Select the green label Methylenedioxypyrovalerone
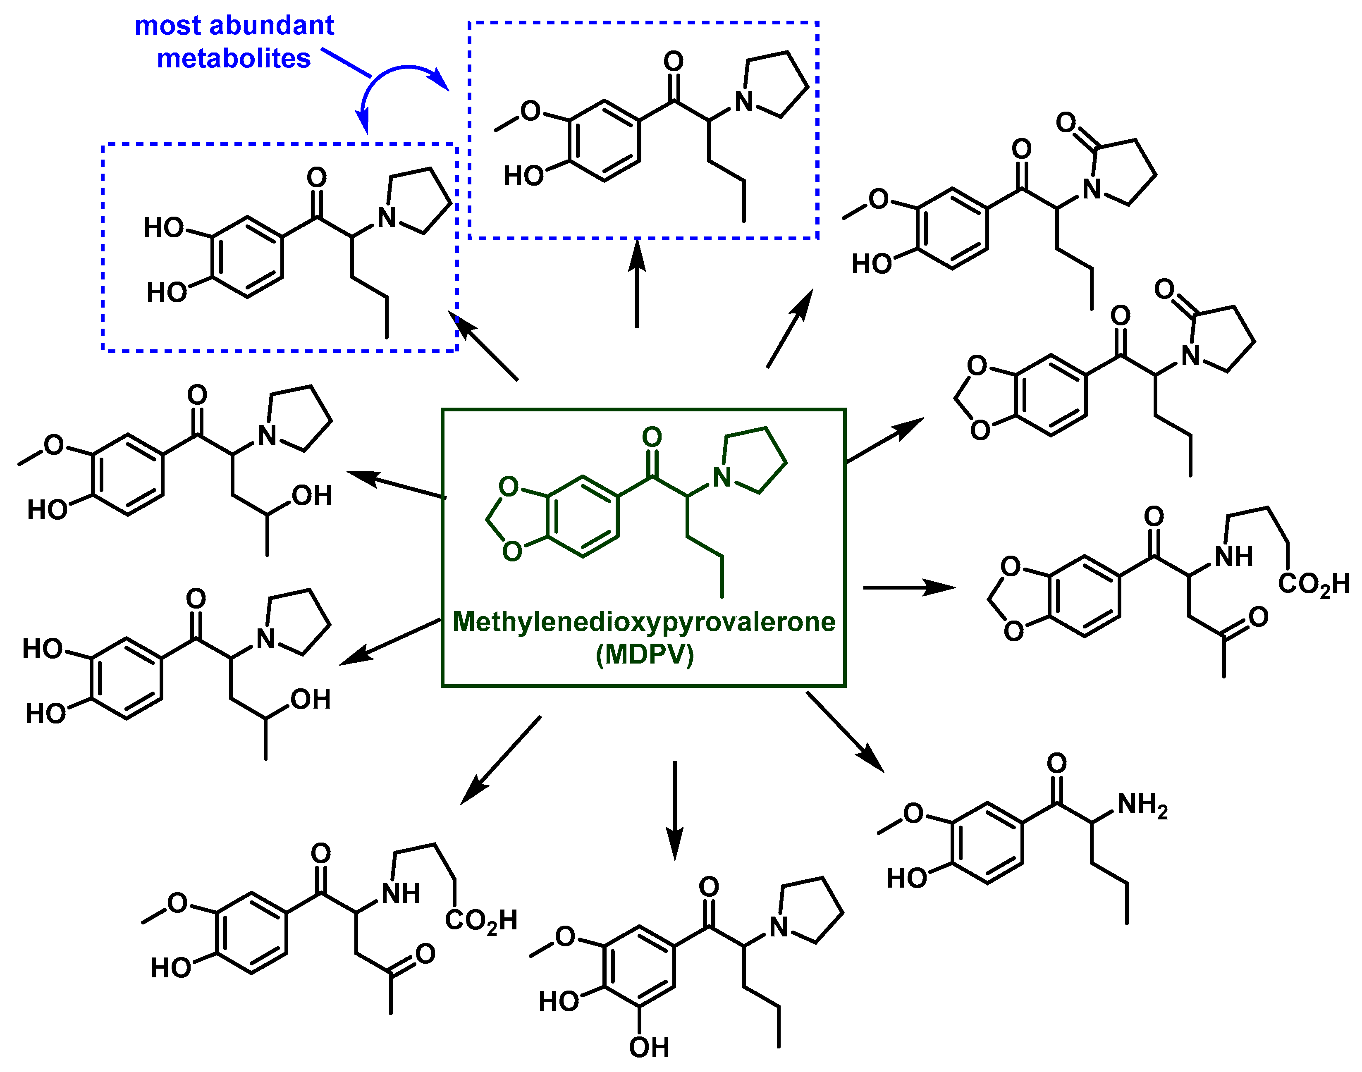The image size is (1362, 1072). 643,622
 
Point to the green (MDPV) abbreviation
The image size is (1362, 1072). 645,654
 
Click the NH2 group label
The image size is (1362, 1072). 1142,805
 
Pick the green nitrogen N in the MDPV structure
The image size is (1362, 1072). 722,478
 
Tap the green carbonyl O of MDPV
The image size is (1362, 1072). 652,437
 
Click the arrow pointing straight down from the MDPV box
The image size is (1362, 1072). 675,809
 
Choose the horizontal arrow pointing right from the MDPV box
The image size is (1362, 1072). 910,587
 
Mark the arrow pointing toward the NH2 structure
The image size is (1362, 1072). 845,731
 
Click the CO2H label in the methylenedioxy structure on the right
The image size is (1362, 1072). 1314,584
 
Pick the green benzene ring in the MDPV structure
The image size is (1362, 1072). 583,516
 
